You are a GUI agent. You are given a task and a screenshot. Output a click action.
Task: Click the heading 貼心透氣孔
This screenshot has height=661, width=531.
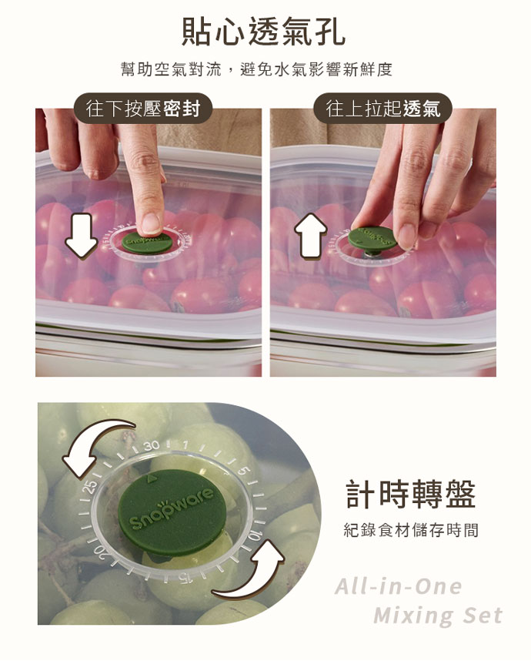[263, 31]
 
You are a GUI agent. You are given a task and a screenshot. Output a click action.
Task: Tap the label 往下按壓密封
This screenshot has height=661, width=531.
[142, 109]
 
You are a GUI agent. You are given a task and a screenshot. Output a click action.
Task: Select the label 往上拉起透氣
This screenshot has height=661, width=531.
[382, 109]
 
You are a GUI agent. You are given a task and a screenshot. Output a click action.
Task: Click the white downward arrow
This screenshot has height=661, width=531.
[82, 235]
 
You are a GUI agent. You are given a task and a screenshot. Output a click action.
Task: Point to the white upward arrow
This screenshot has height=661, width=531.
[311, 235]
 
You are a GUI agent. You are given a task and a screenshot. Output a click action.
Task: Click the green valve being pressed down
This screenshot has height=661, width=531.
[147, 243]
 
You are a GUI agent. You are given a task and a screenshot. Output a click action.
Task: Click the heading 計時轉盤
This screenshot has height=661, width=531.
[411, 494]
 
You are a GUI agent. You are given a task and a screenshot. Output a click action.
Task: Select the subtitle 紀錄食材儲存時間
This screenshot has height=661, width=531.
[411, 530]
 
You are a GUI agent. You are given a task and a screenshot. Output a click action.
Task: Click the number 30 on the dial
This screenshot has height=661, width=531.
[151, 445]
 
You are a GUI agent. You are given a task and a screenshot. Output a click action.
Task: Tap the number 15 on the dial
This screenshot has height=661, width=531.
[185, 579]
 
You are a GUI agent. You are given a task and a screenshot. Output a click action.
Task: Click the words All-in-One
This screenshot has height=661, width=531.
[399, 586]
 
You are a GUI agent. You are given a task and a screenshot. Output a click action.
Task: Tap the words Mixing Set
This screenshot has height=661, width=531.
[438, 615]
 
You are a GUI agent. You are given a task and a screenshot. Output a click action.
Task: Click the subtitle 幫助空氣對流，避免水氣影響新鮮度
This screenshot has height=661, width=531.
[256, 69]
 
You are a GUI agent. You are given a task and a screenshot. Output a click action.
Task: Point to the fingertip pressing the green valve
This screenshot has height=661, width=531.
[151, 223]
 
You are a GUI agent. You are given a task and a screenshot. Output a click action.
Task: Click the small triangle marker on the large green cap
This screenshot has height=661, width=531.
[150, 478]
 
